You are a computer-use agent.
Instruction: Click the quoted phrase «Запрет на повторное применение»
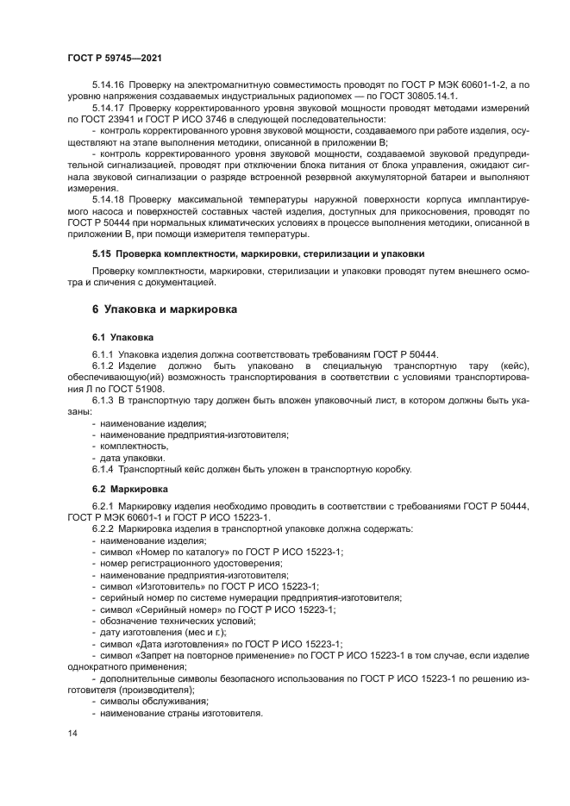(x=216, y=655)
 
